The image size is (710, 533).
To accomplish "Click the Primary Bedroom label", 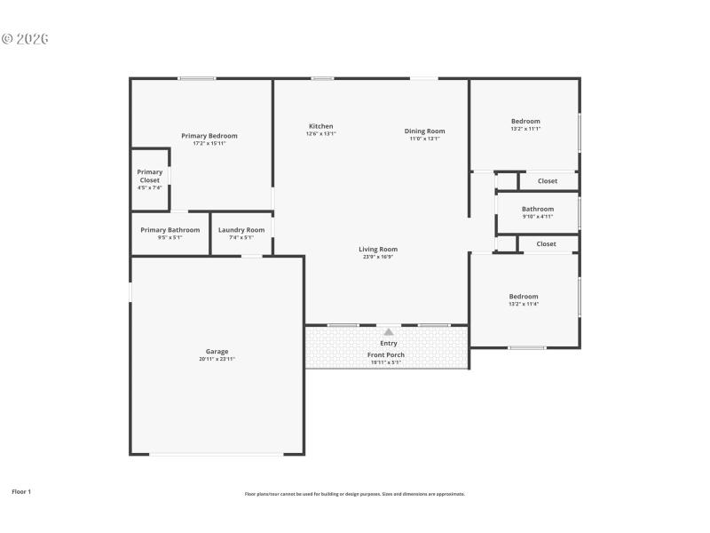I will (209, 136).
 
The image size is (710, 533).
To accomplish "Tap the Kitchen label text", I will (320, 126).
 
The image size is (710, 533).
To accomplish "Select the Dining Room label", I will (424, 131).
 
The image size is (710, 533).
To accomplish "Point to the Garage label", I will (217, 351).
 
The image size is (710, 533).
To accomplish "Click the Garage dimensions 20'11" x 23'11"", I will (217, 359).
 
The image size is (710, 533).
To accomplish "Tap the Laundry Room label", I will (241, 230).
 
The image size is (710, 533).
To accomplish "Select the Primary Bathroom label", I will (170, 230).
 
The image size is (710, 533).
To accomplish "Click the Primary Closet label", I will (150, 176).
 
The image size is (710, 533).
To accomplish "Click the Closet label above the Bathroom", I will (547, 181).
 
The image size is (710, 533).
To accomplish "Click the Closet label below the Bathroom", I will (546, 243).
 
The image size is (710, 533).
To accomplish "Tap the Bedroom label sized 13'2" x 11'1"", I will (525, 121).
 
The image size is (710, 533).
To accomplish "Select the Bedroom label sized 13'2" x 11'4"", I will (523, 297).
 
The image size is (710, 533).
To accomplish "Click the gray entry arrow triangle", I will (388, 331).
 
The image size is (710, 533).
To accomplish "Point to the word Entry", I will (388, 343).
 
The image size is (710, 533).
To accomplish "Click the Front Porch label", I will (386, 354).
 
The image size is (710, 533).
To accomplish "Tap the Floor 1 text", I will (21, 491).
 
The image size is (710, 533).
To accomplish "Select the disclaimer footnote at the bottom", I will (354, 494).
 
